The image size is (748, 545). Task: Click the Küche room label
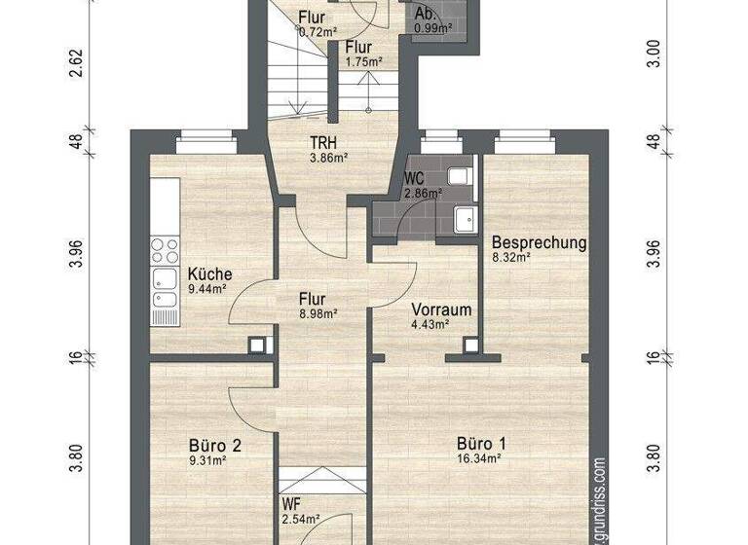click(210, 274)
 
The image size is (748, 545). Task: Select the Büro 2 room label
click(214, 447)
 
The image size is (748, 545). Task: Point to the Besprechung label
click(539, 243)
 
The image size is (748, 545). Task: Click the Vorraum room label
click(441, 310)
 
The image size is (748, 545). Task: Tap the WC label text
click(414, 179)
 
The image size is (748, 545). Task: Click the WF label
click(291, 504)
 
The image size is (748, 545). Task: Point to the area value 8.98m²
click(318, 313)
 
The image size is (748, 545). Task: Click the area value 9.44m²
click(207, 289)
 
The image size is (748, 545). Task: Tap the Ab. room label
click(425, 15)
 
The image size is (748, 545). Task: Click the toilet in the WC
click(459, 175)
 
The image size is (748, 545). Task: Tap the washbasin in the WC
click(464, 219)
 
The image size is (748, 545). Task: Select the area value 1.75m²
click(363, 61)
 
